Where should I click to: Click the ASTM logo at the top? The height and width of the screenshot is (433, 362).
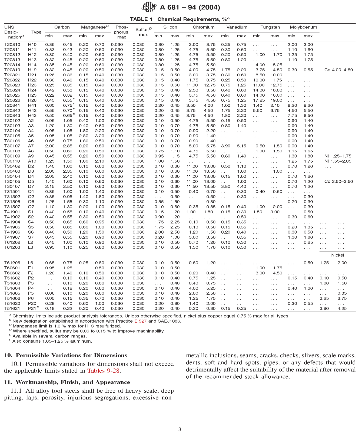coord(149,7)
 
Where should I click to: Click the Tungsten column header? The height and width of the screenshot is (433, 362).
coord(270,27)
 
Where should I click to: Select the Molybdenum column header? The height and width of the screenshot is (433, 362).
coord(303,27)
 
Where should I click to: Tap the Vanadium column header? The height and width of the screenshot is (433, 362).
coord(237,27)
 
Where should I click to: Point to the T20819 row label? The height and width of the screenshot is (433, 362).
coord(12,70)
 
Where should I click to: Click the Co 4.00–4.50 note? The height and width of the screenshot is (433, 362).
coord(338,70)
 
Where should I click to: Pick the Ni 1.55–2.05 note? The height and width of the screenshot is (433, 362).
coord(338,161)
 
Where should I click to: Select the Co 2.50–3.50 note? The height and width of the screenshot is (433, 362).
coord(338,181)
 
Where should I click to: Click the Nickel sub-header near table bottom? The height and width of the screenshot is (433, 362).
coord(337,255)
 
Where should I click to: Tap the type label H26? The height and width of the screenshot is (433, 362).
coord(32,100)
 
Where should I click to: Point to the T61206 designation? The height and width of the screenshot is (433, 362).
coord(12,263)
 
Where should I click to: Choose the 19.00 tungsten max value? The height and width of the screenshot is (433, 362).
coord(276,100)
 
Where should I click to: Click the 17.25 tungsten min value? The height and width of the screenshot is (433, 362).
coord(259,100)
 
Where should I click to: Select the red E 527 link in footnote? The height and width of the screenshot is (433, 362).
coord(140,321)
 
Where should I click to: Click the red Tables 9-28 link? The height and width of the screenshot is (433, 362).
coord(103,371)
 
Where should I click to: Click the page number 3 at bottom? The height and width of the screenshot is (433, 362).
coord(180,429)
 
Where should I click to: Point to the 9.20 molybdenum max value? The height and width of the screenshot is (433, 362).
coord(308,105)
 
